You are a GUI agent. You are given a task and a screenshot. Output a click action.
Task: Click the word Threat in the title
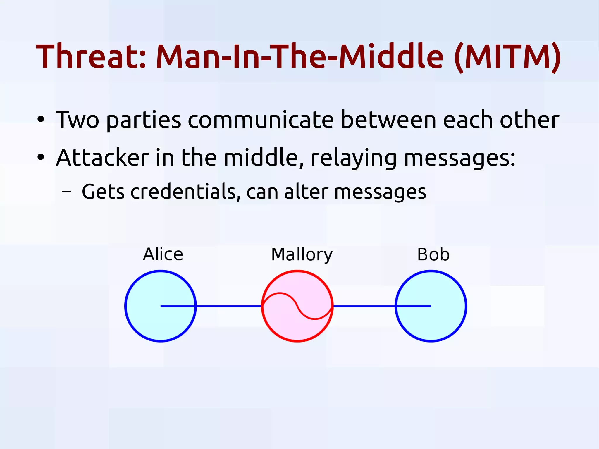[91, 56]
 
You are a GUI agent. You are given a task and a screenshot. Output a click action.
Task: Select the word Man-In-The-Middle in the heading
[300, 56]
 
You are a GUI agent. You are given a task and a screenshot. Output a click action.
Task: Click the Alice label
[163, 254]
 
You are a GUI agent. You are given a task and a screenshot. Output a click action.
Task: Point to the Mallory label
[302, 255]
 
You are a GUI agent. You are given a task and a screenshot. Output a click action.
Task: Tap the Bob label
[433, 254]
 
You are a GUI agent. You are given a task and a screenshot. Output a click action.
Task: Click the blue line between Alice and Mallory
[228, 306]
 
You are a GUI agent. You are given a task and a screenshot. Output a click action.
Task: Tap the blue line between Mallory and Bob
[364, 306]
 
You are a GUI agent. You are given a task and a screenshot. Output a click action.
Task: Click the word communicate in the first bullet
[261, 120]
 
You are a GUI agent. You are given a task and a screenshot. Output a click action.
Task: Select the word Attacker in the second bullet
[103, 158]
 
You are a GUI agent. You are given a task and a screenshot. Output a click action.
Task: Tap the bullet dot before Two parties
[41, 120]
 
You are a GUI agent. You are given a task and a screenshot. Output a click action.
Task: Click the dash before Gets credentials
[66, 192]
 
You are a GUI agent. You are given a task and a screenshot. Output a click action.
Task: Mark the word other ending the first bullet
[529, 120]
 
